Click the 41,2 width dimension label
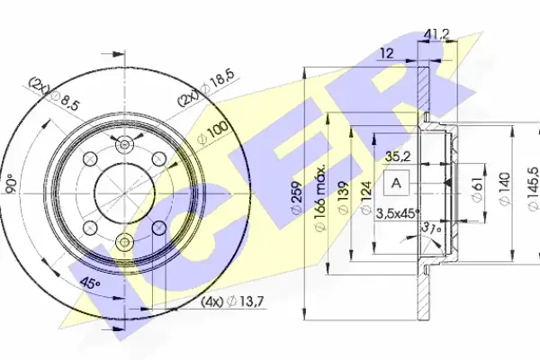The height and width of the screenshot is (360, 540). click(437, 34)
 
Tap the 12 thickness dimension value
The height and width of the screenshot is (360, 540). click(387, 53)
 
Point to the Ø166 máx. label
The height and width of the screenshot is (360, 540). click(319, 197)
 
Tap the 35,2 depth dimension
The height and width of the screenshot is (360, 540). click(398, 157)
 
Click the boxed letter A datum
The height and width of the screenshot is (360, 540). click(396, 183)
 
